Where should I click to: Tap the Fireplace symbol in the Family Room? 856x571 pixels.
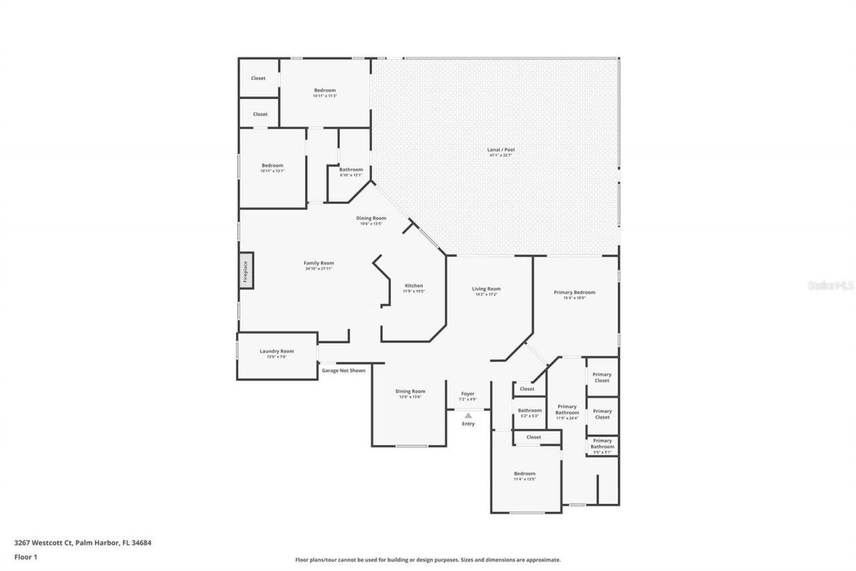point(246,270)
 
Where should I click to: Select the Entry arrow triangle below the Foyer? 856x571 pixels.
point(468,416)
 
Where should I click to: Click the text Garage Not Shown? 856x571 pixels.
point(344,370)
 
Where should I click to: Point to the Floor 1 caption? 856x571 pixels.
point(25,556)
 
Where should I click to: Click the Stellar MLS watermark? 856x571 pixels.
point(831,285)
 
